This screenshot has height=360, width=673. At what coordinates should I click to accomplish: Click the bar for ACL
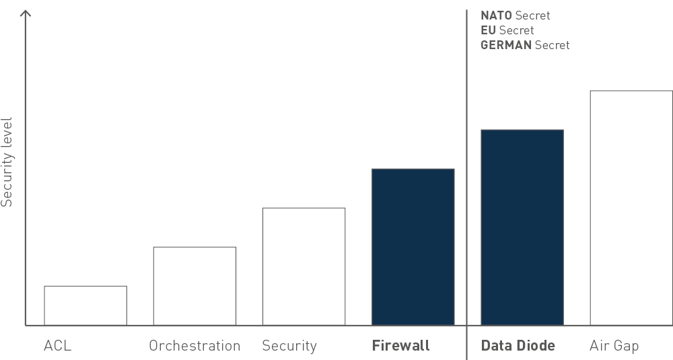[x=85, y=305]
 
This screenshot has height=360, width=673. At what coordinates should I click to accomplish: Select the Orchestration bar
[x=194, y=286]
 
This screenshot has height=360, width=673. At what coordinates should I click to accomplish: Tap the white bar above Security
[x=304, y=266]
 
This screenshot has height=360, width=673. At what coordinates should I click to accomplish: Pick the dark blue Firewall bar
[x=413, y=247]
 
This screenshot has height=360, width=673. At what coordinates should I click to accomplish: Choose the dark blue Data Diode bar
[x=522, y=227]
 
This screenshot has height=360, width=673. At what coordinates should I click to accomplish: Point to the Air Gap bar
[x=631, y=208]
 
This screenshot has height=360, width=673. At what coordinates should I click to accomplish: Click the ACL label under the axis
[x=57, y=346]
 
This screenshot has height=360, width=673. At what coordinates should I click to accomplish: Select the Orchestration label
[x=194, y=346]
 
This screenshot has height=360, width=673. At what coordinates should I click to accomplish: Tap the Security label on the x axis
[x=289, y=346]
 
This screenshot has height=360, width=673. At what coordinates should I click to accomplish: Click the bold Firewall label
[x=400, y=346]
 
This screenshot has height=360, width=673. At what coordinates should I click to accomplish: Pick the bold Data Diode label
[x=518, y=346]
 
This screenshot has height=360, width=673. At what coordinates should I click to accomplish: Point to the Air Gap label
[x=614, y=346]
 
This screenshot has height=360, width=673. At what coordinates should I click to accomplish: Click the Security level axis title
[x=7, y=161]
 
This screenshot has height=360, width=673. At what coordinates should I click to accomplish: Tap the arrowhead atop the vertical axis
[x=26, y=13]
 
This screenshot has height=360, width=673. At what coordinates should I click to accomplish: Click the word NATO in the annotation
[x=496, y=15]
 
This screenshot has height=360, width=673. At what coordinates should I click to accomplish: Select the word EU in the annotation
[x=488, y=30]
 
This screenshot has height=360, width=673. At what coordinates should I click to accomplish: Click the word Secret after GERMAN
[x=553, y=45]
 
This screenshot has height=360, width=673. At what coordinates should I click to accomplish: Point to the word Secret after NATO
[x=532, y=15]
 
